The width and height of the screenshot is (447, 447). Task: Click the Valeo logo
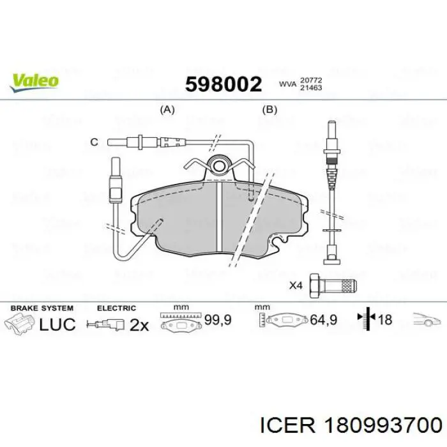(34, 82)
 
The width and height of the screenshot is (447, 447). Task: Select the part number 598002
(223, 84)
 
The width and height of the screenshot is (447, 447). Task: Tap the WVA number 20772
(310, 80)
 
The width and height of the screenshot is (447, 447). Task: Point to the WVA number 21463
(310, 87)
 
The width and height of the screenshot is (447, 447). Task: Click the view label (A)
(167, 109)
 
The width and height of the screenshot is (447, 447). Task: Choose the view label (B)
(269, 109)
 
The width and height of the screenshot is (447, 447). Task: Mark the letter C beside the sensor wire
(94, 142)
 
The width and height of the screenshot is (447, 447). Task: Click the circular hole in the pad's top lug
(218, 165)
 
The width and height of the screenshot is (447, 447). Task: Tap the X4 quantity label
(296, 285)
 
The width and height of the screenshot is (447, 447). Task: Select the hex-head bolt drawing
(333, 285)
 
